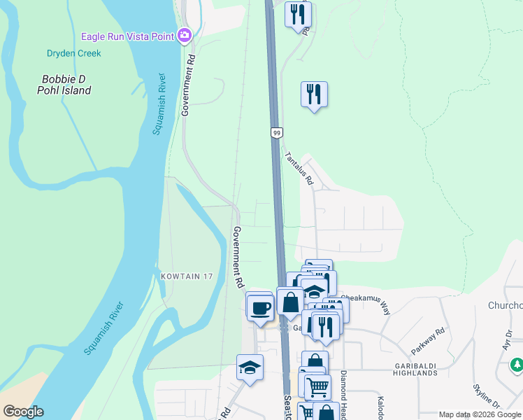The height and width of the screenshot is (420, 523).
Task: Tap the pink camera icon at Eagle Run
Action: click(x=185, y=34)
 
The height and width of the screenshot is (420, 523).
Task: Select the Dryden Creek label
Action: click(x=73, y=53)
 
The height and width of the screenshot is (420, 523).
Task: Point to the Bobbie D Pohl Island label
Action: click(x=65, y=85)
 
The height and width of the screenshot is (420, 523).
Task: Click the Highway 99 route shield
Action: click(x=277, y=132)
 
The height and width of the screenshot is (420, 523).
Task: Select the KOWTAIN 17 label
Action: click(x=185, y=276)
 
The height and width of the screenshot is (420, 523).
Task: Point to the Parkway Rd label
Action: click(x=429, y=341)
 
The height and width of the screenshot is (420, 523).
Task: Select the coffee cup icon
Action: click(x=260, y=307)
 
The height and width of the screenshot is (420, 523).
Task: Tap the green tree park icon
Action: click(x=517, y=365)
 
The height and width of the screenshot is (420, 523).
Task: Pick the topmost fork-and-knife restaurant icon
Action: click(x=298, y=14)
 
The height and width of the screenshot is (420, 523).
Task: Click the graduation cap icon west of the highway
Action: click(x=250, y=366)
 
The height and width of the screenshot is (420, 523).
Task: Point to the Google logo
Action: click(x=23, y=412)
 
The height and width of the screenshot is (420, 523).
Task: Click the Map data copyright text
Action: click(x=480, y=414)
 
